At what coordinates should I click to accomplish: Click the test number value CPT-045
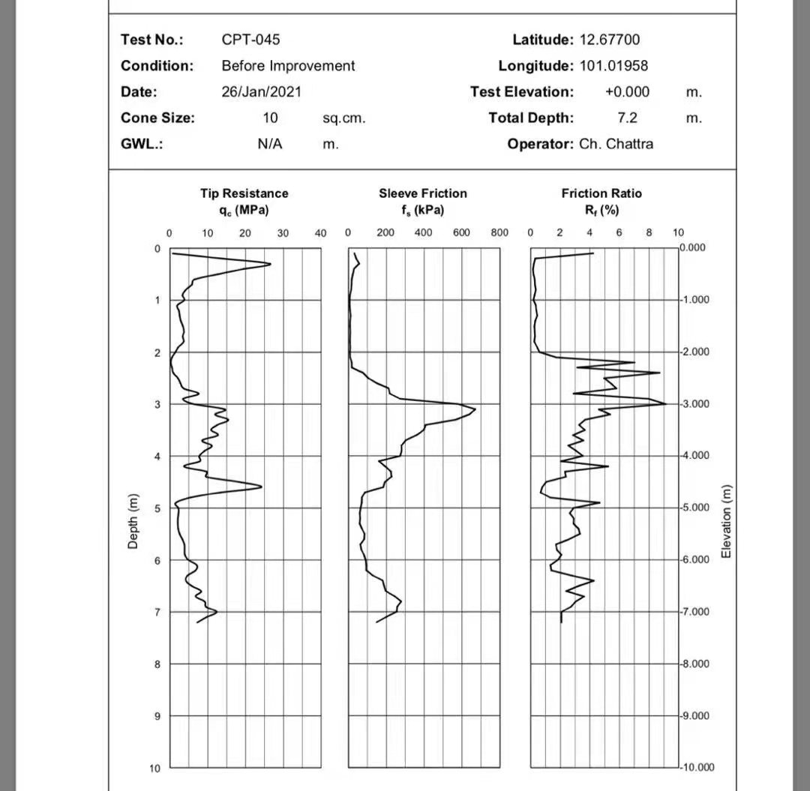pyautogui.click(x=250, y=40)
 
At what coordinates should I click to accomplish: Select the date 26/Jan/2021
pyautogui.click(x=261, y=92)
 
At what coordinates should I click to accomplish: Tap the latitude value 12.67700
pyautogui.click(x=610, y=40)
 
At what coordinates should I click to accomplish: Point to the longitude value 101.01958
pyautogui.click(x=613, y=66)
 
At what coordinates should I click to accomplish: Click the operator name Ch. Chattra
pyautogui.click(x=616, y=144)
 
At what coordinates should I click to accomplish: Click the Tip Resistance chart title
pyautogui.click(x=244, y=193)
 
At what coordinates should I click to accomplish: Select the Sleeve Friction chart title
pyautogui.click(x=422, y=193)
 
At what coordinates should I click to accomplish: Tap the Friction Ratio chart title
pyautogui.click(x=601, y=193)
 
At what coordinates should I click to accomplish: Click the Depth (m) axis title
pyautogui.click(x=133, y=521)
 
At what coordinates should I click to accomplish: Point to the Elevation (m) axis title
pyautogui.click(x=725, y=521)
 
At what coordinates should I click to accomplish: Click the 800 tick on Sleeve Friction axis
pyautogui.click(x=499, y=233)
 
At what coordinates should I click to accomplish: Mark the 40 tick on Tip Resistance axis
pyautogui.click(x=320, y=233)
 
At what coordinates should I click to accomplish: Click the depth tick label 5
pyautogui.click(x=157, y=509)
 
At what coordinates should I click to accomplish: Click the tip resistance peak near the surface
pyautogui.click(x=270, y=263)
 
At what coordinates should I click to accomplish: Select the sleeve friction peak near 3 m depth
pyautogui.click(x=475, y=409)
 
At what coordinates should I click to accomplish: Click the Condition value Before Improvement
pyautogui.click(x=288, y=66)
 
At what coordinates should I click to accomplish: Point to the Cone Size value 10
pyautogui.click(x=270, y=118)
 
